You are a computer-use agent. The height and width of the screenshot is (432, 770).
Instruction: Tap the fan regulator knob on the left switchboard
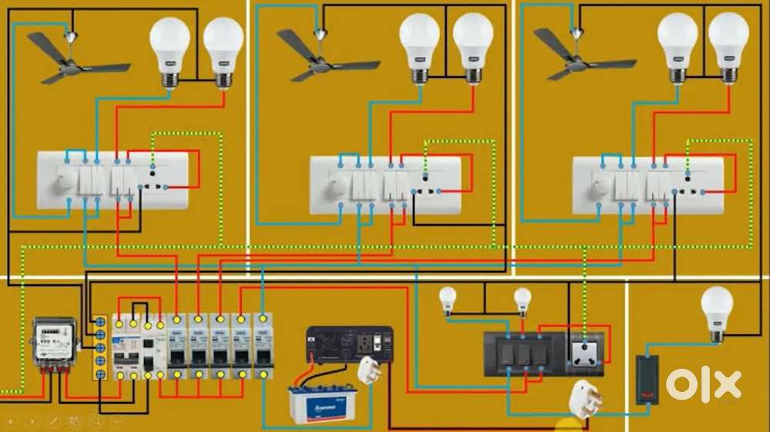click(x=66, y=180)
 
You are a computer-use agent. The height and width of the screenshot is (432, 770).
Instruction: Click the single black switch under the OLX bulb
click(x=651, y=379)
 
